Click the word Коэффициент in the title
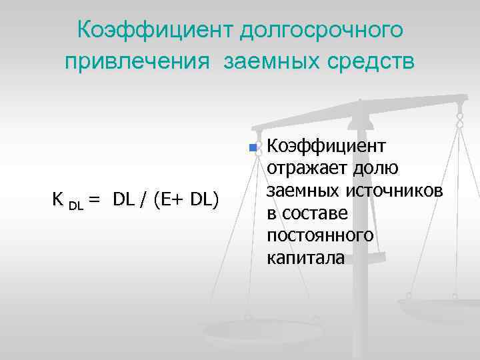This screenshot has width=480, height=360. coord(155,30)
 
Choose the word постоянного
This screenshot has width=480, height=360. coord(320,237)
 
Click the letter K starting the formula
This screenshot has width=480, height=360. coord(57,199)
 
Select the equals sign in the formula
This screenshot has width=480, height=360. coord(94,199)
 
